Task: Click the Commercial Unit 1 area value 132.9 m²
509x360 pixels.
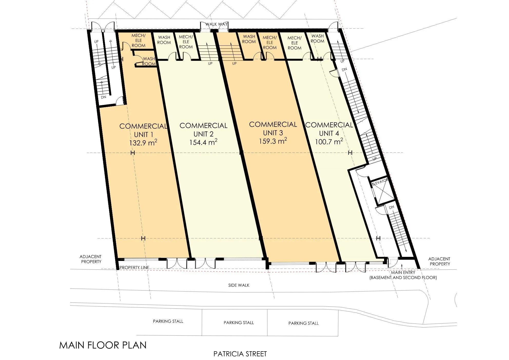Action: tap(143, 143)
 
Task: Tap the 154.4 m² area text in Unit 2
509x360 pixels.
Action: tap(203, 142)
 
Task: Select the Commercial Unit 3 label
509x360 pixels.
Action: tap(273, 129)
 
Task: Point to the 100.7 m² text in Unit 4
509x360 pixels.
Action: tap(329, 141)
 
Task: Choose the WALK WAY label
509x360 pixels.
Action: tap(216, 24)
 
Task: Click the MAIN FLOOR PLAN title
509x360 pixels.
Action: tap(103, 345)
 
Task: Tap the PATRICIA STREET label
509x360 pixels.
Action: tap(240, 354)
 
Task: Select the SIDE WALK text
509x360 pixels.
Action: tap(239, 285)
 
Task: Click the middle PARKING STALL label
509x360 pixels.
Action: tap(239, 323)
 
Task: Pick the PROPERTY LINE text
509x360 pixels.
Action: tap(134, 267)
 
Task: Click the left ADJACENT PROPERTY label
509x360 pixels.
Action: tap(91, 259)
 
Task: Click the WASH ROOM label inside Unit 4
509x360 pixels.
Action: tap(318, 38)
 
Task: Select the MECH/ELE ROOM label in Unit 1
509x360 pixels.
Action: tap(139, 41)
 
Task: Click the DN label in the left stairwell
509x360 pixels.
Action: tap(103, 97)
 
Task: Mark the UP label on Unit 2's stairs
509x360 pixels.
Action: tap(210, 63)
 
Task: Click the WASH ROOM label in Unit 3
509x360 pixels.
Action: tap(249, 39)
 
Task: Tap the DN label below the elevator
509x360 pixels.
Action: tap(391, 207)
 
